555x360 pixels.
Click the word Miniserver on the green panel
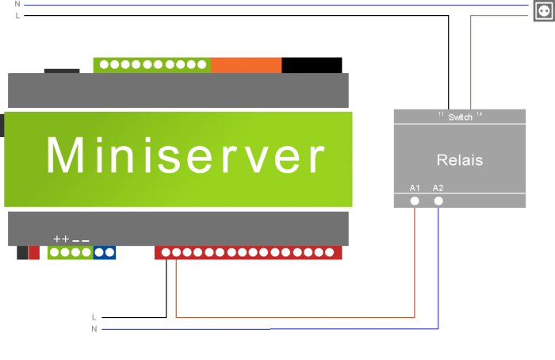tap(185, 156)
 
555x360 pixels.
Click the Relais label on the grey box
tap(460, 160)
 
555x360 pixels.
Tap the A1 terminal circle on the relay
tap(415, 201)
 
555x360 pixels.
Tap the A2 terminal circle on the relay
tap(438, 201)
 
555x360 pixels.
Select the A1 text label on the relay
tap(415, 188)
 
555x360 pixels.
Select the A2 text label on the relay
tap(438, 188)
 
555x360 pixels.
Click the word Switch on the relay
tap(461, 117)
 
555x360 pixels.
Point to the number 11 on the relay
tap(441, 115)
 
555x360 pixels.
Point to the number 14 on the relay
tap(480, 115)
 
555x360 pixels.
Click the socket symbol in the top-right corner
tap(545, 10)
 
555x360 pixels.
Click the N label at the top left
tap(17, 4)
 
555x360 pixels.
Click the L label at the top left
tap(17, 15)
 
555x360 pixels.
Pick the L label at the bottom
tap(94, 317)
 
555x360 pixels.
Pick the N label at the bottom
tap(94, 328)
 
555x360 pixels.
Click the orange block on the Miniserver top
tap(246, 64)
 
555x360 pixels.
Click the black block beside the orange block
tap(312, 64)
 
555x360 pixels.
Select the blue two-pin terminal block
tap(105, 253)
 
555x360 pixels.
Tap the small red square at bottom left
tap(34, 253)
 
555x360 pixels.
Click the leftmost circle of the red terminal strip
tap(166, 253)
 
